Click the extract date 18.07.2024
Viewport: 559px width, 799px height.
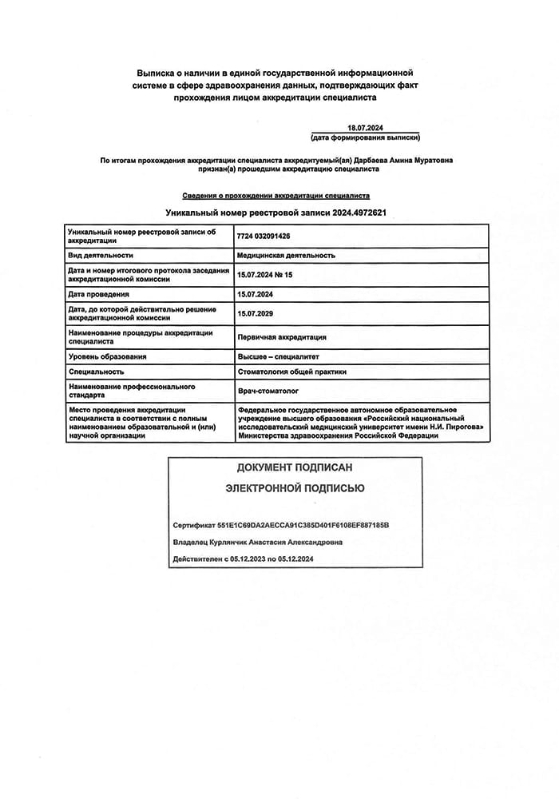(366, 128)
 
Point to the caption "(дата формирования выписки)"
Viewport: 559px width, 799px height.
(366, 137)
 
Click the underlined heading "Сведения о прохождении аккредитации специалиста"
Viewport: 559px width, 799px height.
(276, 195)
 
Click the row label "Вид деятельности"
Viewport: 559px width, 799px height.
(101, 256)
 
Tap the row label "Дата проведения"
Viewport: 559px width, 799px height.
(99, 295)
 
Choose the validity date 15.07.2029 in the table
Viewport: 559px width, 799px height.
(256, 314)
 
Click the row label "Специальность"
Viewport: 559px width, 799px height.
(97, 372)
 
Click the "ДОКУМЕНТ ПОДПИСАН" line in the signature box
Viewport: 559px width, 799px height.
(295, 467)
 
